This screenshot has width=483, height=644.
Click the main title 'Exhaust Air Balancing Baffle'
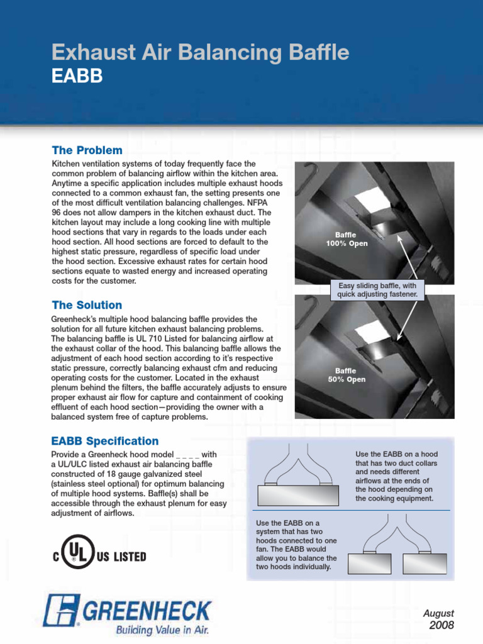200,53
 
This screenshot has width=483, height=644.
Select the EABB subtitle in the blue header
77,76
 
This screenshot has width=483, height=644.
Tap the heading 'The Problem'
87,150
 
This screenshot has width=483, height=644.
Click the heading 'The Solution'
87,305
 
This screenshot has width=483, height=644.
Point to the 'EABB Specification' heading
104,441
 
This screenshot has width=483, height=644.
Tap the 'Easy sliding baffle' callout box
377,290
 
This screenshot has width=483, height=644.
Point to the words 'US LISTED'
122,557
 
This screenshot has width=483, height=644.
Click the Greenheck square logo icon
61,611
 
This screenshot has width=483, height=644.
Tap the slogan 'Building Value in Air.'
162,629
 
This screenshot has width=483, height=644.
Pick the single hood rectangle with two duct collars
299,496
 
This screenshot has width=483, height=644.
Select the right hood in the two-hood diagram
425,564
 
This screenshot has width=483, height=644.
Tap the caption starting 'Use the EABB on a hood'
396,476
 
